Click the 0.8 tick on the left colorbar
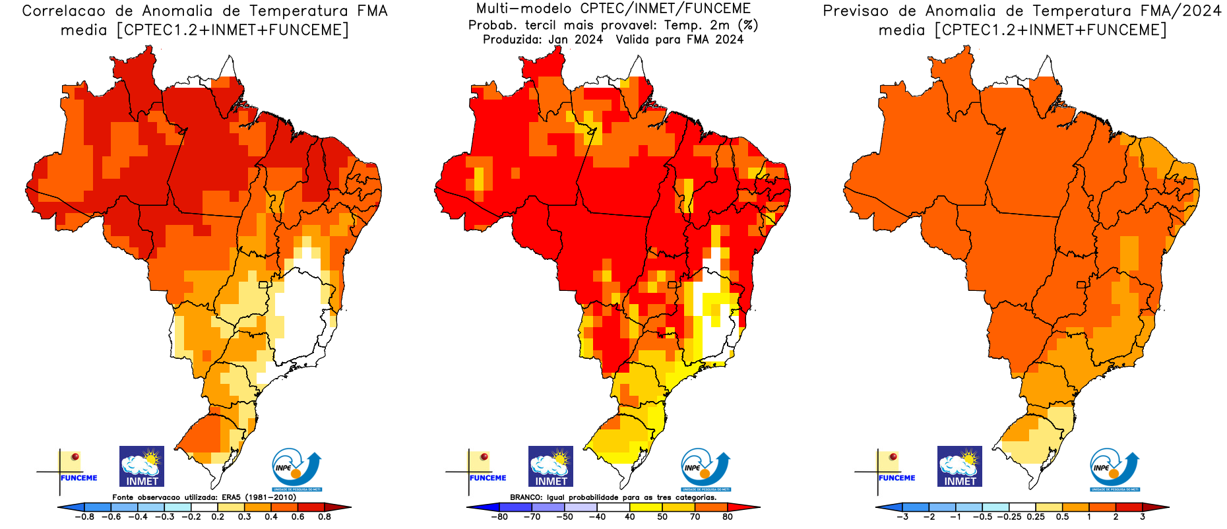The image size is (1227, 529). tap(325, 516)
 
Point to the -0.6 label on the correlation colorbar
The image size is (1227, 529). tap(111, 516)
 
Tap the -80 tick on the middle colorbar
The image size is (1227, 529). tap(499, 516)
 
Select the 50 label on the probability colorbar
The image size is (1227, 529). tap(662, 516)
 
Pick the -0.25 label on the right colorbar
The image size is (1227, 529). tap(1009, 516)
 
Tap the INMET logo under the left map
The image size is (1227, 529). tap(142, 466)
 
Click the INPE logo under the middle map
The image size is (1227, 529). tap(705, 469)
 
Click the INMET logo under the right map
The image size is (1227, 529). tap(960, 466)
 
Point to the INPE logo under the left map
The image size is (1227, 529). tap(296, 469)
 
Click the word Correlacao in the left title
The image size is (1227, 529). tap(63, 11)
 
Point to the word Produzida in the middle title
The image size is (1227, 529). tap(512, 40)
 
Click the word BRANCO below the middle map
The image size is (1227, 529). tap(526, 497)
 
